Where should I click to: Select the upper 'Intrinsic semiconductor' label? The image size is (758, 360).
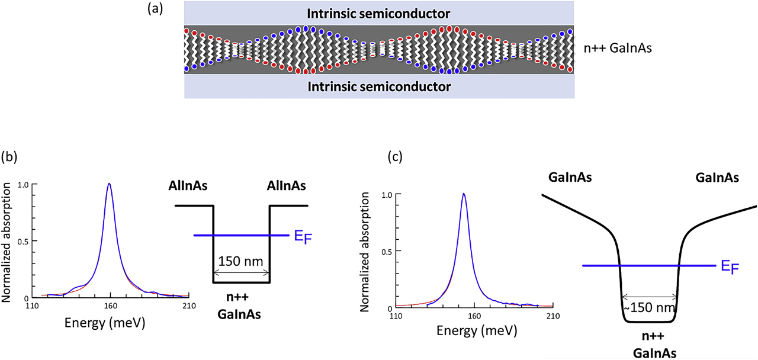379,13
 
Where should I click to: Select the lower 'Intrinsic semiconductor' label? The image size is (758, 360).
379,87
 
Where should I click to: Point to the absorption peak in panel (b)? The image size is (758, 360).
109,184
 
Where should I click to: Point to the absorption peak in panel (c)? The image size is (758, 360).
464,194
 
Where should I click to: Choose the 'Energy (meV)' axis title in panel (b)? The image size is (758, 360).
109,323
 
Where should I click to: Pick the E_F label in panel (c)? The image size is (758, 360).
730,268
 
